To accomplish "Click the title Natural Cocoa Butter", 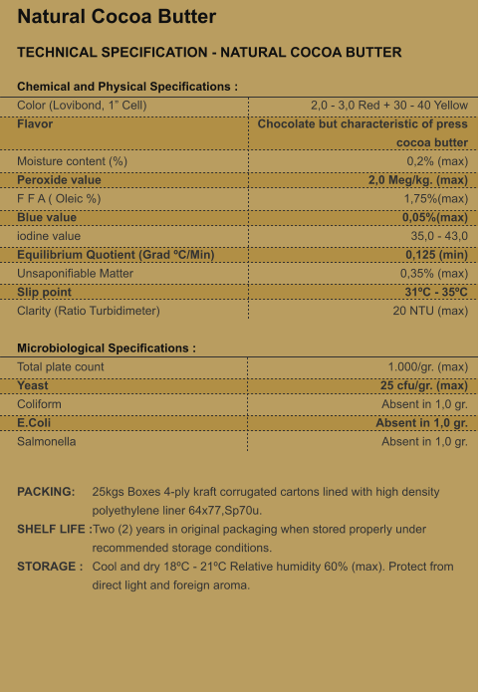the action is (x=117, y=17).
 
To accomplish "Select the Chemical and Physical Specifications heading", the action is (x=127, y=88).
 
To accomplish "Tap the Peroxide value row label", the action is (x=59, y=180).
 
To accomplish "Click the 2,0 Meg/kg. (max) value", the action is (x=417, y=180).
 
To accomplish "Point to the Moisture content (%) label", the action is (x=72, y=161).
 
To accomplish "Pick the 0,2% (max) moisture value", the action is (x=437, y=161).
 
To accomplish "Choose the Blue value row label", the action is (x=47, y=217).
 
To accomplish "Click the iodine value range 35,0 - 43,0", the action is (x=439, y=236).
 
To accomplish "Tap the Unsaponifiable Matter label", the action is (x=75, y=273).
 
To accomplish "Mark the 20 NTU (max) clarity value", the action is (x=430, y=311).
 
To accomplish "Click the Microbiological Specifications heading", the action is (x=107, y=348).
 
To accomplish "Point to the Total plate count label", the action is (x=61, y=367).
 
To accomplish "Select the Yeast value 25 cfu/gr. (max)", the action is (x=423, y=385).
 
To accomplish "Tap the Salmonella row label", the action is (x=47, y=441).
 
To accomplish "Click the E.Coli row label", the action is (x=35, y=422).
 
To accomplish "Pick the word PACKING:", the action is (x=46, y=492).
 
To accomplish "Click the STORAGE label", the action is (x=48, y=567).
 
